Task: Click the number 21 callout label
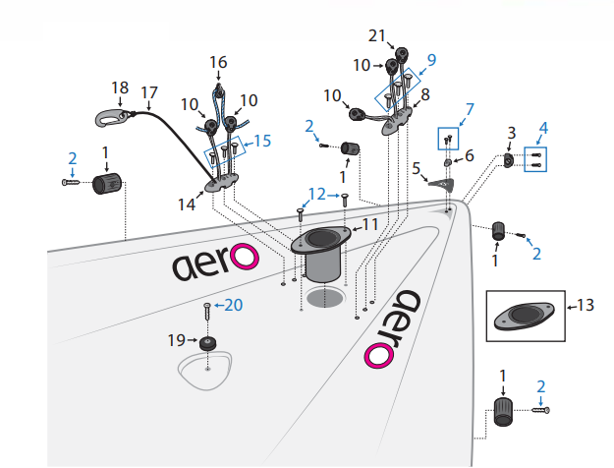377,36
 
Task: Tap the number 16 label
218,62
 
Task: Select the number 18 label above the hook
120,88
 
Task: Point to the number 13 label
586,306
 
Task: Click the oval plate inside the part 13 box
525,317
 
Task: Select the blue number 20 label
234,305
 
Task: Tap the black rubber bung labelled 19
207,344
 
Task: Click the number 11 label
370,224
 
